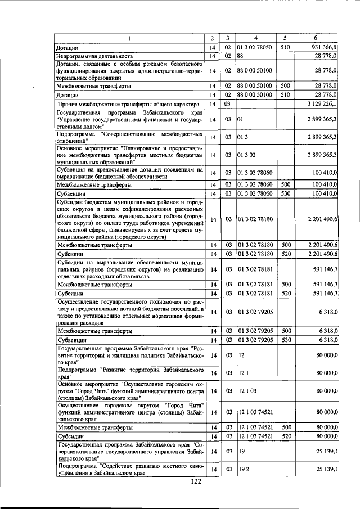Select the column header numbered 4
click(x=255, y=38)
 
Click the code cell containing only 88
click(x=240, y=57)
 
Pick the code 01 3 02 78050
click(x=255, y=48)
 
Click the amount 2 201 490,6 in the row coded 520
click(x=319, y=254)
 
